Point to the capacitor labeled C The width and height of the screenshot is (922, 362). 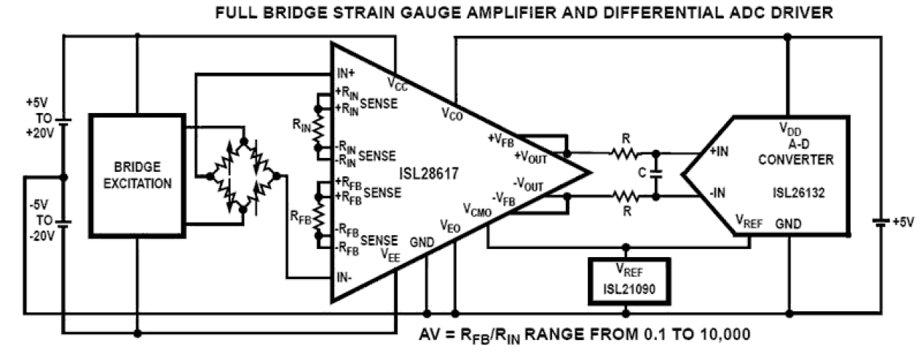click(656, 175)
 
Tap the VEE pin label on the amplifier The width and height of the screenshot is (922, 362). click(390, 253)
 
